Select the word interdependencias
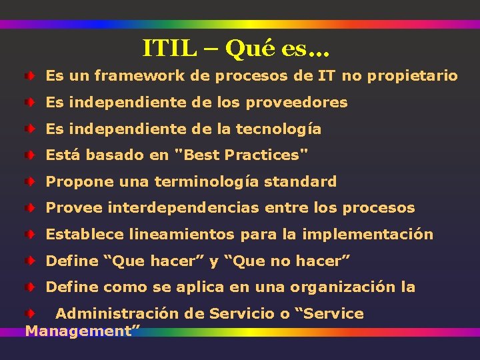tap(183, 208)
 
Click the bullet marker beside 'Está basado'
tap(30, 155)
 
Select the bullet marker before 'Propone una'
tap(30, 182)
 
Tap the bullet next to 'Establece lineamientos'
tap(30, 235)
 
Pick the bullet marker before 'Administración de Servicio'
tap(30, 313)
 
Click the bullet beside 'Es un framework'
tap(30, 76)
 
